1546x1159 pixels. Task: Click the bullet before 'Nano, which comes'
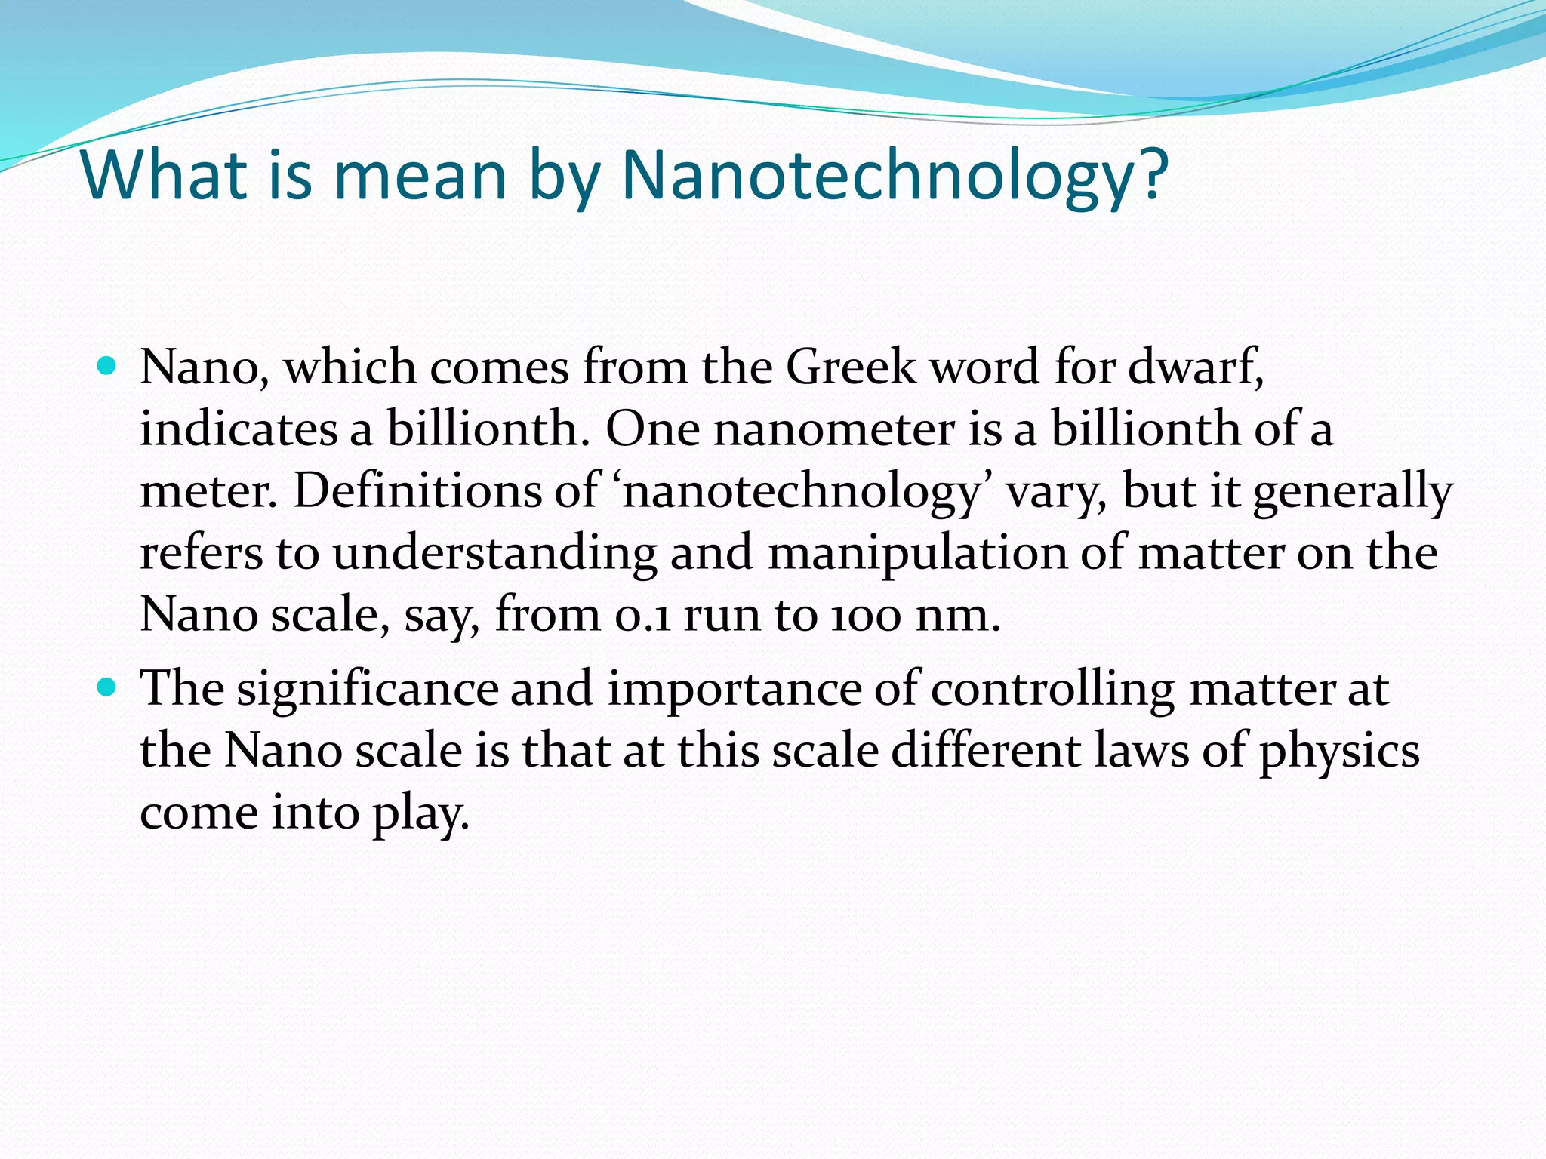(108, 367)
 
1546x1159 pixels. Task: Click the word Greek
(851, 368)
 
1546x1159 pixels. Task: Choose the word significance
(368, 690)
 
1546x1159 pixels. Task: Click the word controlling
(1052, 690)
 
